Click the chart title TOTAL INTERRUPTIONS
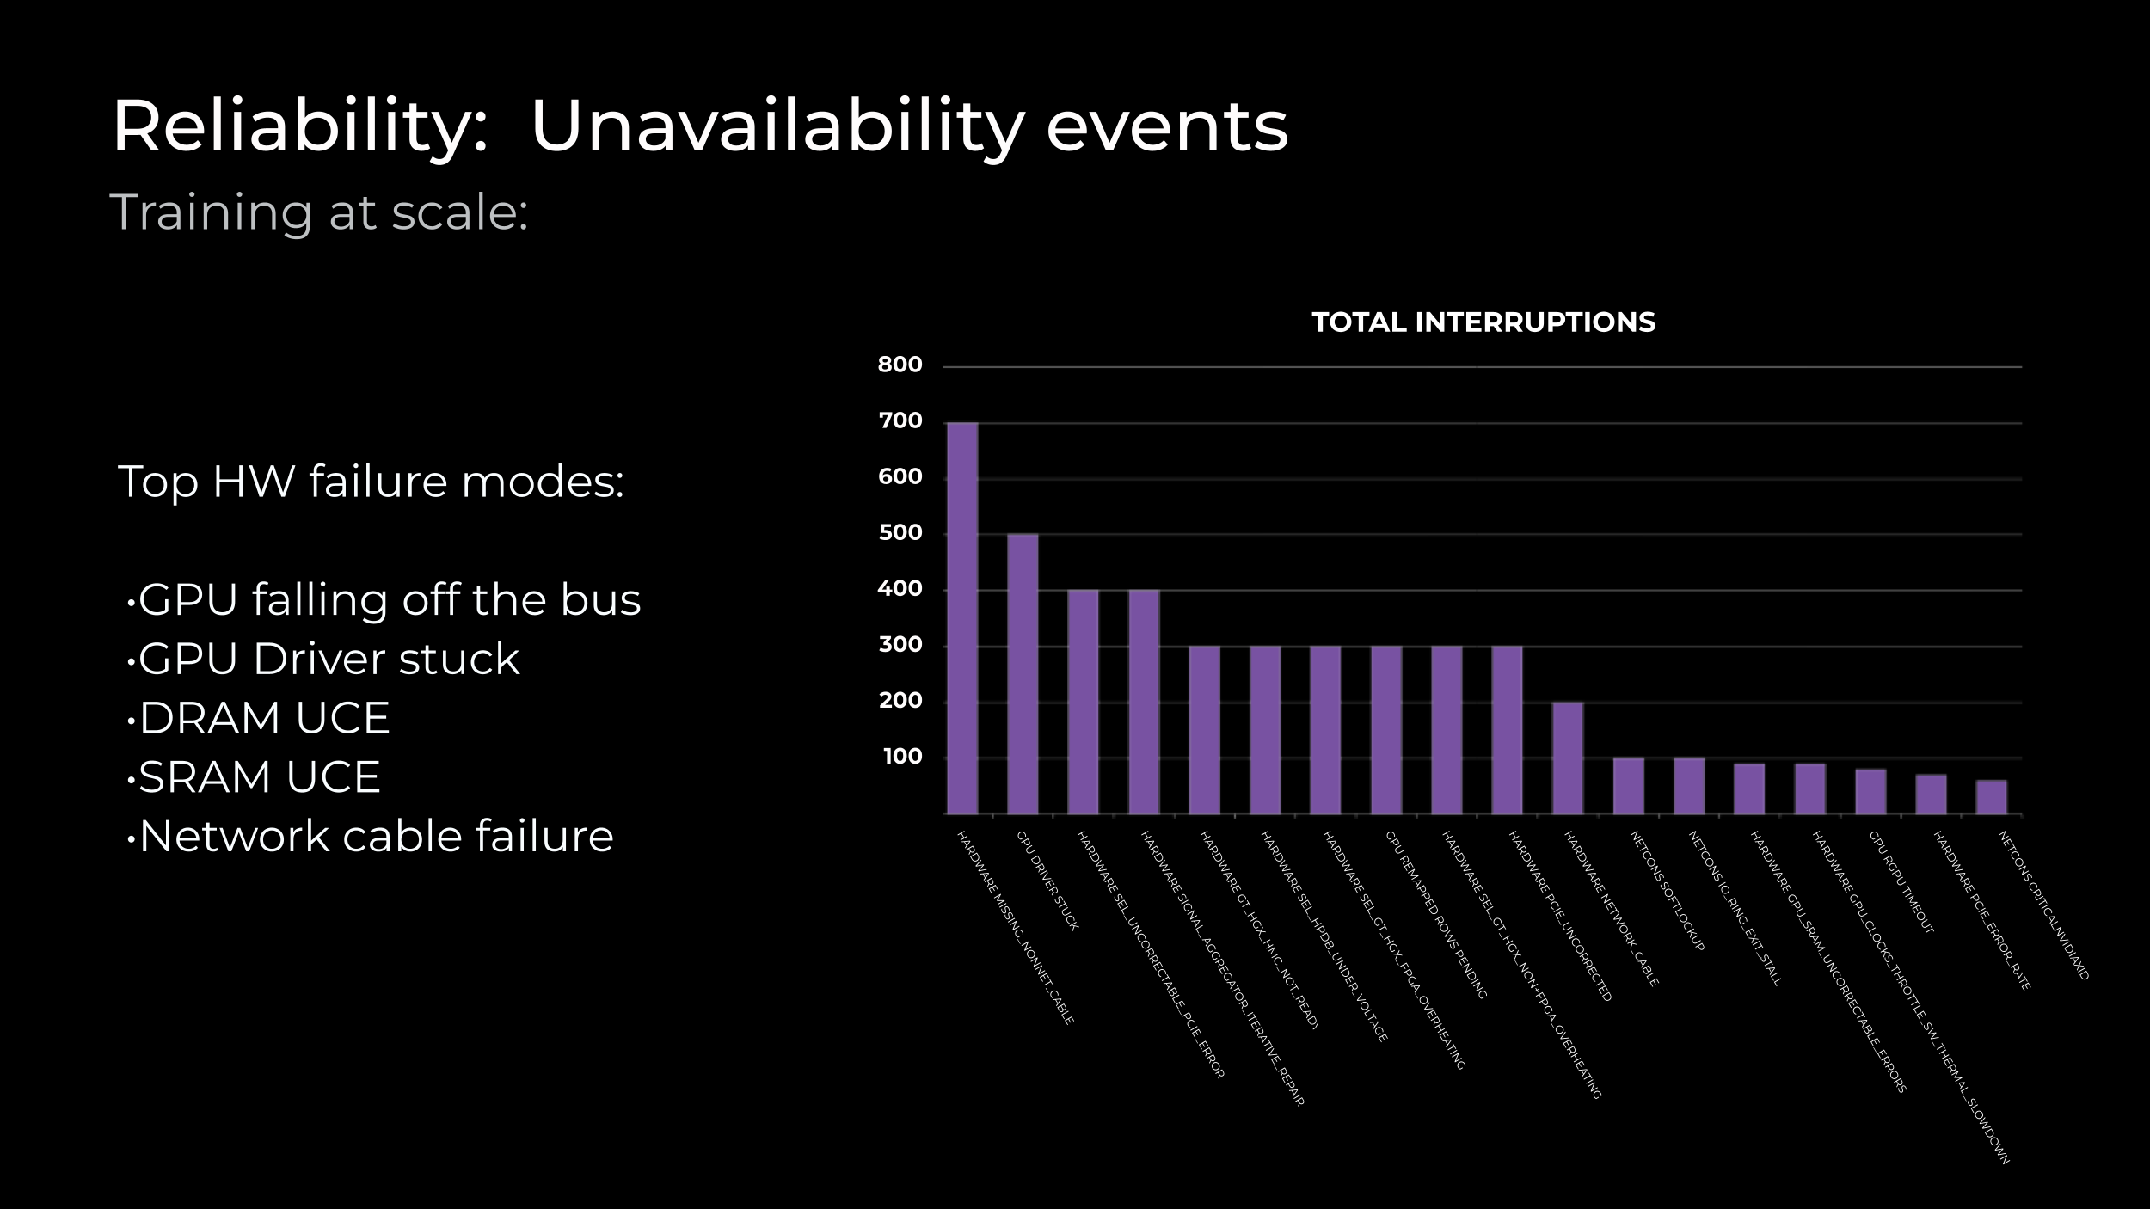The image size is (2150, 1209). pyautogui.click(x=1483, y=322)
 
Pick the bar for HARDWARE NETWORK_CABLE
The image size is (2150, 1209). pyautogui.click(x=1568, y=758)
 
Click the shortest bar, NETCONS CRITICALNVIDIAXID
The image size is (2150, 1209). pyautogui.click(x=1991, y=797)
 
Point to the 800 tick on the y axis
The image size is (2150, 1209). pyautogui.click(x=900, y=365)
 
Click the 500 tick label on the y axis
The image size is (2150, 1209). pyautogui.click(x=900, y=533)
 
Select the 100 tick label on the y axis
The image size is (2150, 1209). pyautogui.click(x=902, y=757)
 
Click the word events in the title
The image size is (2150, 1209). pyautogui.click(x=1166, y=127)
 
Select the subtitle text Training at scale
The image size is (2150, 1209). pyautogui.click(x=318, y=212)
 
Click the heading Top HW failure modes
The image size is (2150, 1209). pyautogui.click(x=371, y=482)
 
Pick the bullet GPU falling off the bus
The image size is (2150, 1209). pyautogui.click(x=389, y=599)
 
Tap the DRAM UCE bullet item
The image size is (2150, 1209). pyautogui.click(x=264, y=718)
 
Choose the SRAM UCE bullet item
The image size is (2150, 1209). pyautogui.click(x=259, y=777)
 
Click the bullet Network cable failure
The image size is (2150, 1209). pyautogui.click(x=376, y=837)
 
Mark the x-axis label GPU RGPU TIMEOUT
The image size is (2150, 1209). pyautogui.click(x=1901, y=882)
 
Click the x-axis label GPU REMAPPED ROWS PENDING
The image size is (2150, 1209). pyautogui.click(x=1435, y=914)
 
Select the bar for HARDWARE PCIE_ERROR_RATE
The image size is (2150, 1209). pyautogui.click(x=1931, y=794)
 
